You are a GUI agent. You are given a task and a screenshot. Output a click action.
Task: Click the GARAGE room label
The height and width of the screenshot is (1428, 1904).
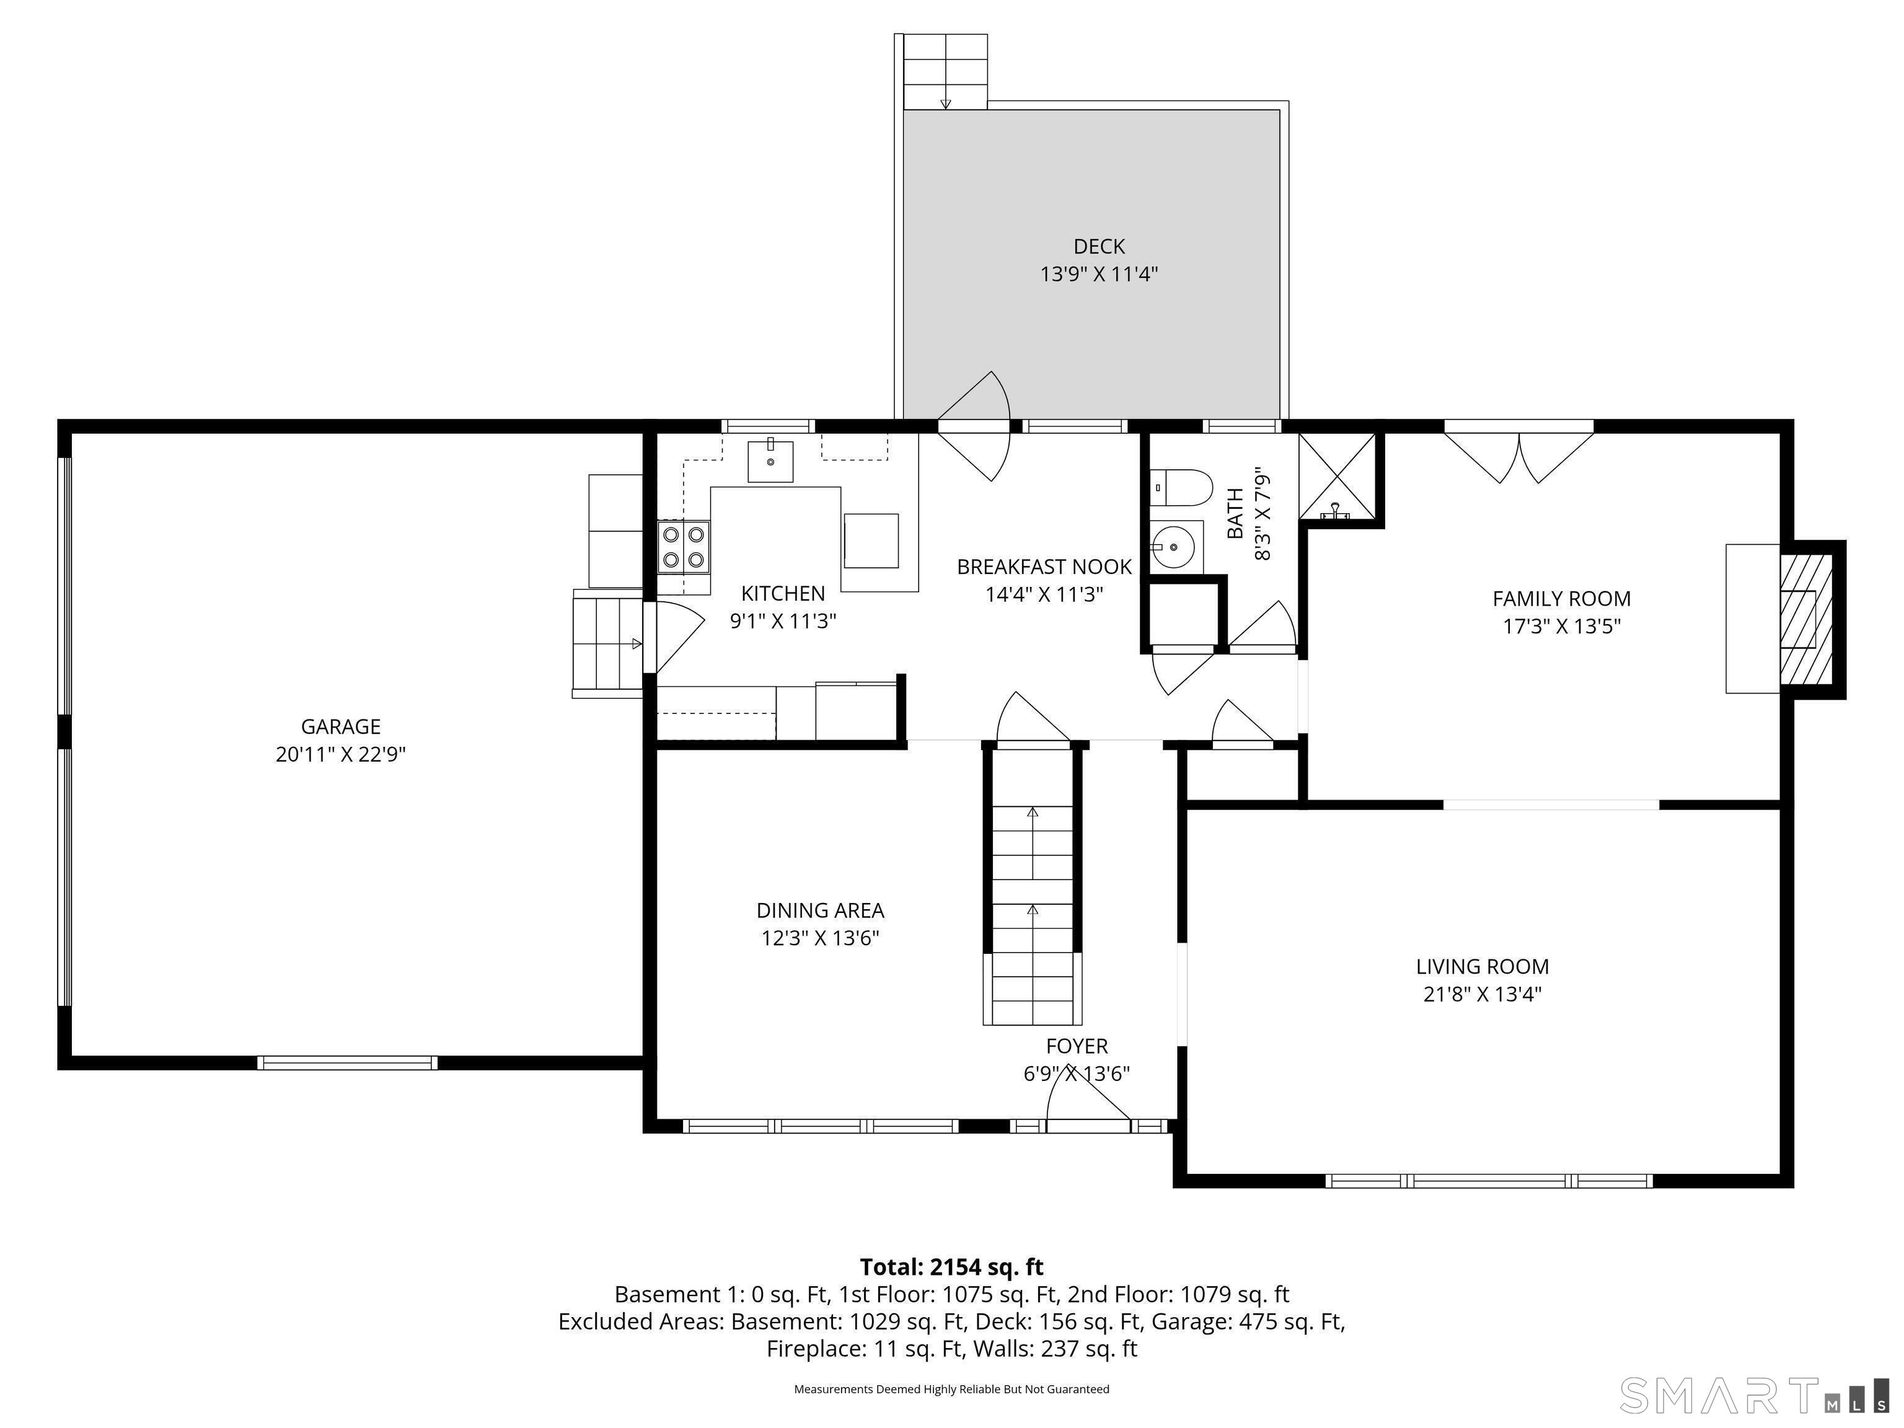[x=340, y=726]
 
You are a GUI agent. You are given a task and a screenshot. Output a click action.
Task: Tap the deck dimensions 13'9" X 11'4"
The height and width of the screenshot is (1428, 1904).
[x=1098, y=275]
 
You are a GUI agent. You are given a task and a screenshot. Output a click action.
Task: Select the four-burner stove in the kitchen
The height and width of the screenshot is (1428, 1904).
[x=684, y=547]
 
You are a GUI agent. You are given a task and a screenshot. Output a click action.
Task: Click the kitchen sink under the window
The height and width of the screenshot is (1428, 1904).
[x=770, y=461]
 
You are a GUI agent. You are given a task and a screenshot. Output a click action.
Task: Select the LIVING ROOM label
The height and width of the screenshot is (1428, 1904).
[x=1482, y=967]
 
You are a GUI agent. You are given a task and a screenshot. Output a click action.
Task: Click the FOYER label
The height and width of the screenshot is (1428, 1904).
[x=1077, y=1046]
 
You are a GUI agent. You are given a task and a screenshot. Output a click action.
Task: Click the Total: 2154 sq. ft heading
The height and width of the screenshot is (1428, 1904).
[x=951, y=1267]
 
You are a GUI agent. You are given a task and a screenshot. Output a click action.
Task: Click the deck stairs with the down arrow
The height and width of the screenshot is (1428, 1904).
[x=945, y=73]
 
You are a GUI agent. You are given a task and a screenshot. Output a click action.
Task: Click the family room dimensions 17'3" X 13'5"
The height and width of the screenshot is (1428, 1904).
[x=1561, y=627]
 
